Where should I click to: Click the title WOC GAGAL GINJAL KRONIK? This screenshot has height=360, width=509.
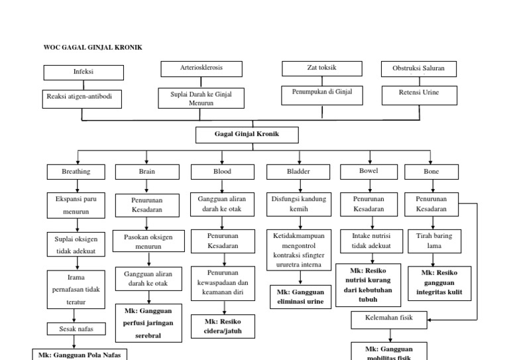93,48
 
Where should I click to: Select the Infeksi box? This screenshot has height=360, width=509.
82,72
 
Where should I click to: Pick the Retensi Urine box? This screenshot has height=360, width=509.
418,93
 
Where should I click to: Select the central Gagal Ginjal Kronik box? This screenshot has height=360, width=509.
247,135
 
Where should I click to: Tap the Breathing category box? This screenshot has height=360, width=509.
76,172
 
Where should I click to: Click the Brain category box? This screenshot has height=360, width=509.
146,172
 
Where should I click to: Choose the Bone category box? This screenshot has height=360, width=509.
431,172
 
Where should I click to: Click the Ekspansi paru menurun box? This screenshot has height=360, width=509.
76,205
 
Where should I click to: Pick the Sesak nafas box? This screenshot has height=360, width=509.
76,329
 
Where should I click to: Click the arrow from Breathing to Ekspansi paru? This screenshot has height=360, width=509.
76,186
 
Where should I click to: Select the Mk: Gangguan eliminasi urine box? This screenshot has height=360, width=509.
300,296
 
